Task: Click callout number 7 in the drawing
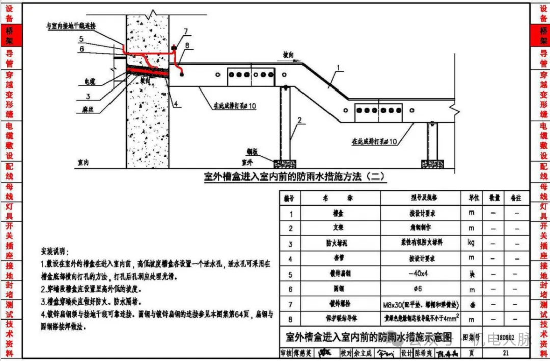186,32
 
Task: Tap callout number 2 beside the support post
300,121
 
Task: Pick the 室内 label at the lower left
84,163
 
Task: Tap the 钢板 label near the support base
255,151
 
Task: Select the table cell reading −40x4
420,274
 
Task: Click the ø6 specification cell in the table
420,289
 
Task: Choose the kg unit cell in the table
471,244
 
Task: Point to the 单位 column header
471,198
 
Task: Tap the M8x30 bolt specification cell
420,305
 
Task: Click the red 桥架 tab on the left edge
10,35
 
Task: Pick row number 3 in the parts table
291,244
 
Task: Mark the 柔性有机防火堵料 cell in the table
420,244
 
